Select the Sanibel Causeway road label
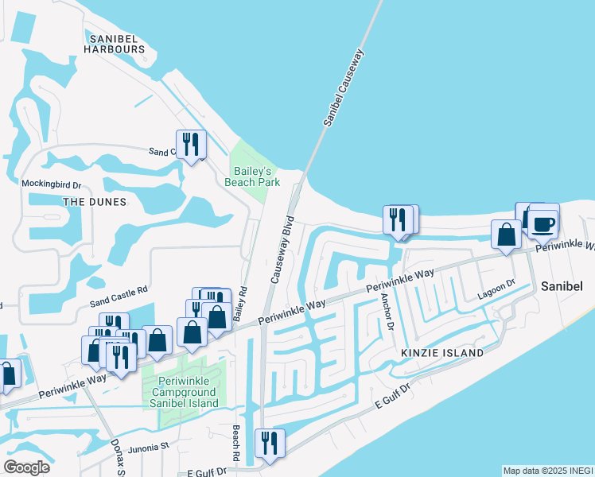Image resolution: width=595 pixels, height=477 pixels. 343,88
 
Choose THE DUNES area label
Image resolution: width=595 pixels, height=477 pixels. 95,202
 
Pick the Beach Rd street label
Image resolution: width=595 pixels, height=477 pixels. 236,444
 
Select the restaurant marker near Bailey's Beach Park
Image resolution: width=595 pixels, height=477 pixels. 190,145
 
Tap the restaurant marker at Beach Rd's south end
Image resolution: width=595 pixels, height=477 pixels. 268,444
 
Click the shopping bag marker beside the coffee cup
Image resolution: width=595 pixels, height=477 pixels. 506,235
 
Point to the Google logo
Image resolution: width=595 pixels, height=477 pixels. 27,467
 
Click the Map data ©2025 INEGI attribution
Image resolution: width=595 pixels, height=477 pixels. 547,471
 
